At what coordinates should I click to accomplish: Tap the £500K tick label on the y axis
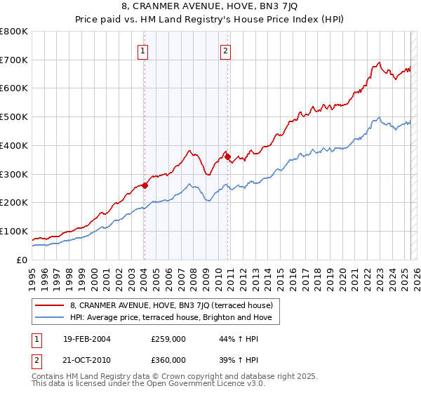tap(14, 116)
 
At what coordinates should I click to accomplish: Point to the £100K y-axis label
tap(14, 231)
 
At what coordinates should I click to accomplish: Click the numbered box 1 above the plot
tap(143, 51)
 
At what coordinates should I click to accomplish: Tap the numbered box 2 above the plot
tap(225, 51)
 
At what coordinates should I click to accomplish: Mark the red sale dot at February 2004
tap(145, 185)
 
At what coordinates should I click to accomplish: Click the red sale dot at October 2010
tap(227, 156)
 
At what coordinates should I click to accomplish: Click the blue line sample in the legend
tap(50, 317)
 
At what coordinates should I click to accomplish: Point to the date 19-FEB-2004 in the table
tap(86, 339)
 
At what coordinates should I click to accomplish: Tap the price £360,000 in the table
tap(168, 359)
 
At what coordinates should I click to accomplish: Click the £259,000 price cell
tap(168, 339)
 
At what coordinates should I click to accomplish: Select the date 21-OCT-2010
tap(86, 359)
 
